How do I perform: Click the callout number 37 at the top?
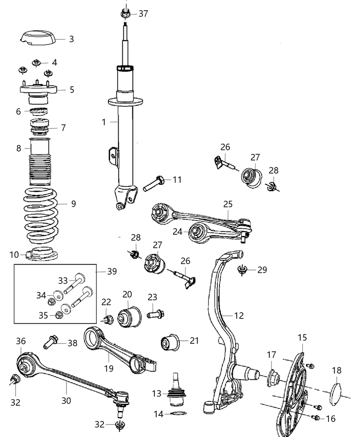click(143, 14)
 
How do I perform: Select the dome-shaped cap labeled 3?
click(38, 38)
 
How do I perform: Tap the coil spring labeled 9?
click(41, 216)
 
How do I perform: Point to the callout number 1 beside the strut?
click(104, 122)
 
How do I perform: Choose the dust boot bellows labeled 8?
click(40, 163)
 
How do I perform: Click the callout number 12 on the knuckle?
click(239, 315)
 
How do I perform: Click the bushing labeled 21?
click(169, 342)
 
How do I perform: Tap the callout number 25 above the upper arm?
click(227, 204)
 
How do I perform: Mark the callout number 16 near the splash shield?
click(330, 418)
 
